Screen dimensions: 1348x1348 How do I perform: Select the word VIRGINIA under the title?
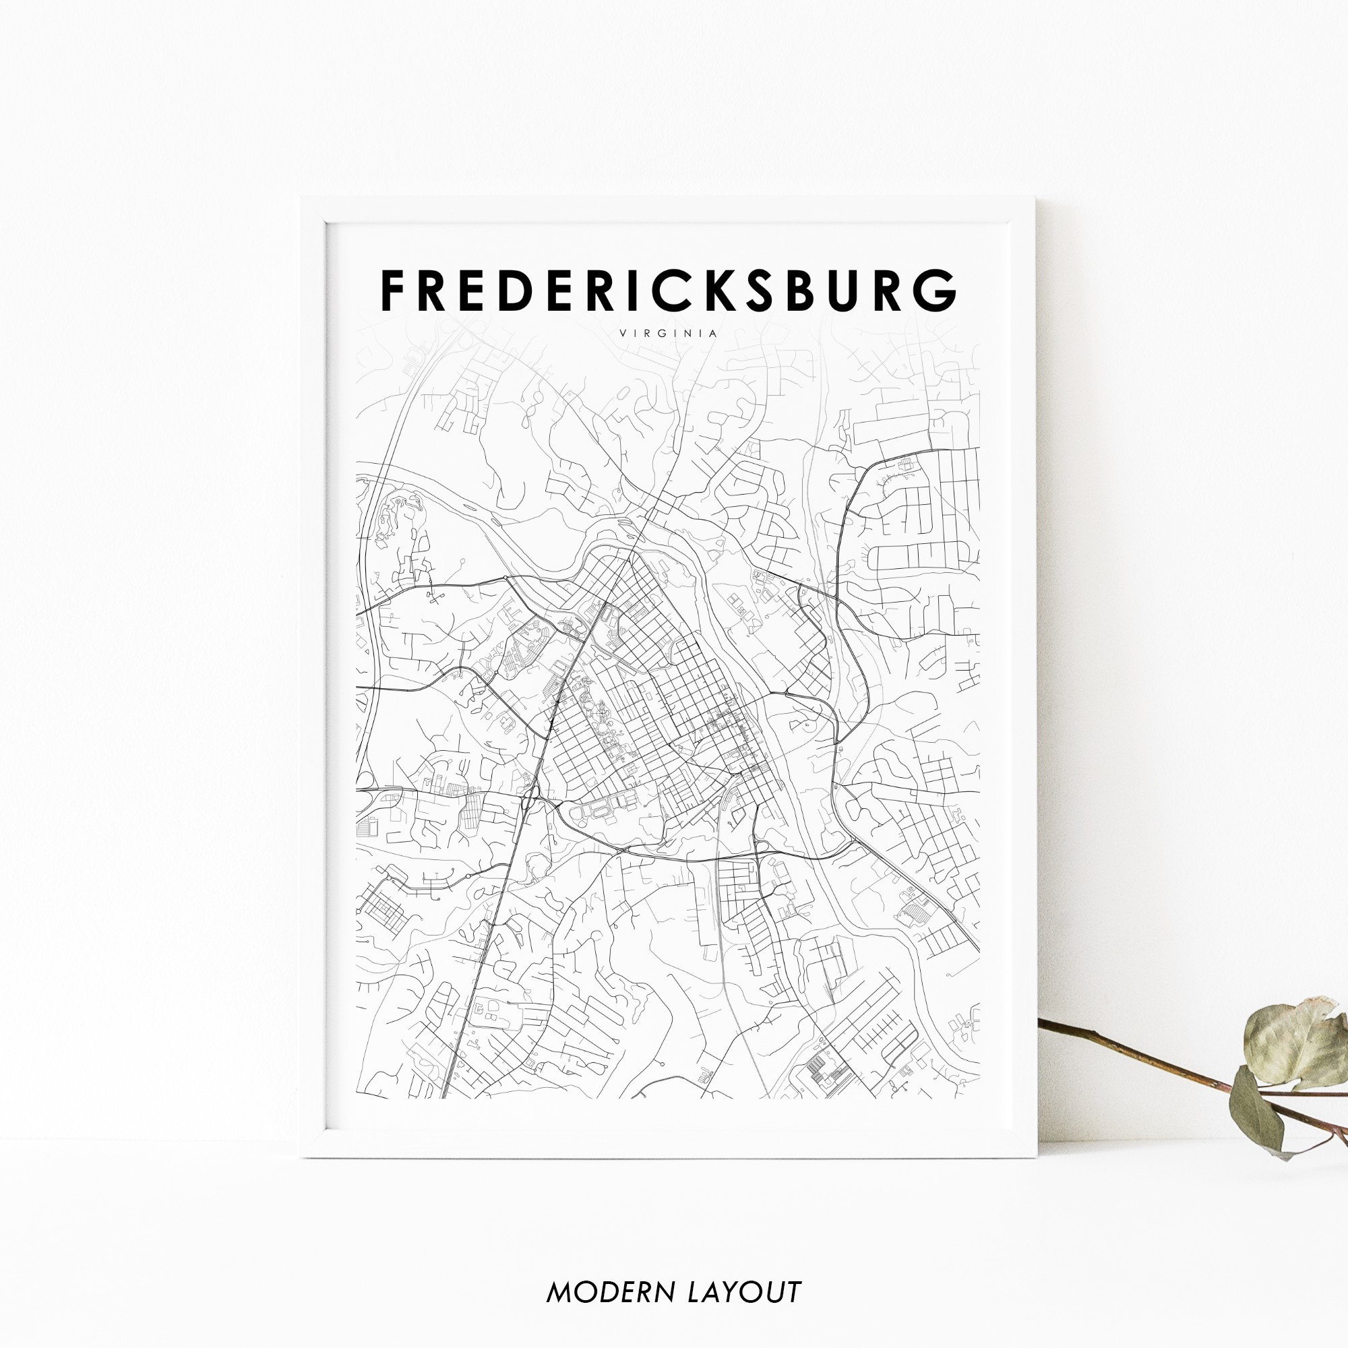tap(668, 333)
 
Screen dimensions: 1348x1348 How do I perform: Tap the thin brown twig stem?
tap(1130, 1053)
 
